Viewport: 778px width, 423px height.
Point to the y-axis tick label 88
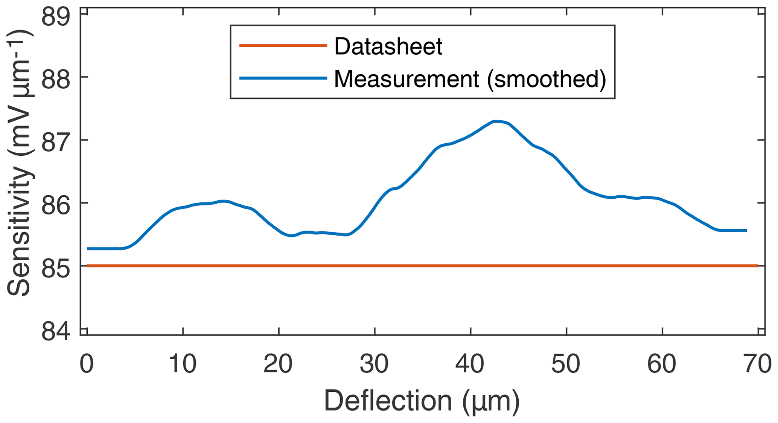pos(56,77)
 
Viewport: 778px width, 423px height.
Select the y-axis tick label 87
pos(56,140)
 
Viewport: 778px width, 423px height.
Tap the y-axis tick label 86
pos(56,203)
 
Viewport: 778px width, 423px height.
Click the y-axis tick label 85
pos(56,266)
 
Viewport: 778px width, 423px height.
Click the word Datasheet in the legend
pos(388,46)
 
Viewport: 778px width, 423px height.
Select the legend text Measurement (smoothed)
pos(470,79)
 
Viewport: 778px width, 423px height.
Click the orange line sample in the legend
pos(283,46)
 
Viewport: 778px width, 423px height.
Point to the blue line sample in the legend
pos(283,78)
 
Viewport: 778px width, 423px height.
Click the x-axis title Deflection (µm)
pos(422,401)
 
